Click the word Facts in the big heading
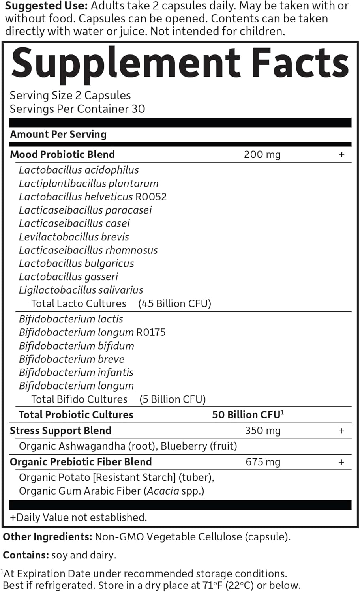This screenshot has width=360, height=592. click(300, 62)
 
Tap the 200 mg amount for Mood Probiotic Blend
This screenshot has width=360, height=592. click(262, 154)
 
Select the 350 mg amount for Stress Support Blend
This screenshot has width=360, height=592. click(262, 430)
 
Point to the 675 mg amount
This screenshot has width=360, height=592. click(263, 462)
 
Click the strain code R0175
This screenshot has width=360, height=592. click(151, 332)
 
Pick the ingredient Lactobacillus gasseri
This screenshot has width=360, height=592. click(68, 277)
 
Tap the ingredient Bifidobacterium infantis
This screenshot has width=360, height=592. click(76, 372)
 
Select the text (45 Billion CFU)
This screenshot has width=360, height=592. click(174, 303)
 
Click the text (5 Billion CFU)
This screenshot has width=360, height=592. click(172, 399)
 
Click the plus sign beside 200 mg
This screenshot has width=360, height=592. click(341, 155)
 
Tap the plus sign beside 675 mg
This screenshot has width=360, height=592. click(341, 462)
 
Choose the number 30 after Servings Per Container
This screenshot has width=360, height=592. click(138, 109)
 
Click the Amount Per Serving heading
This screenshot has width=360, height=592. click(58, 134)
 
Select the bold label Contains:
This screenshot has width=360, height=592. click(26, 555)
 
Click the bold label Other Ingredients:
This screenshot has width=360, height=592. click(47, 537)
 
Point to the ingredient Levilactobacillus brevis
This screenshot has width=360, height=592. click(74, 237)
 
